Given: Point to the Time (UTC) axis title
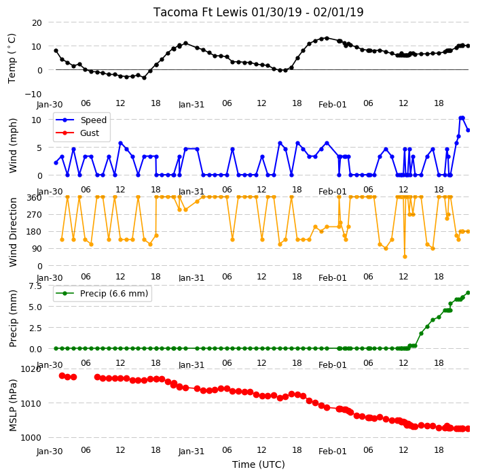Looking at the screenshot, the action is [259, 464].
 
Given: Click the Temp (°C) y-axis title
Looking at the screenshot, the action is [12, 58].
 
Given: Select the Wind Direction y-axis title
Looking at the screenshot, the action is [13, 232].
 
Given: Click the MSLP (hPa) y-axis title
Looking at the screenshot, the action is [13, 405].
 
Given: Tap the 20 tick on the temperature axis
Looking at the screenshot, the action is [37, 22].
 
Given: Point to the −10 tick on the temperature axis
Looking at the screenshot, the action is [33, 94].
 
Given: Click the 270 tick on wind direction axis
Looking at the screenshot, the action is [35, 215].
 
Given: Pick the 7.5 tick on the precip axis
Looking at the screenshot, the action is [35, 286].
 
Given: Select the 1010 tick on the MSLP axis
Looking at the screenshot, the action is [31, 404].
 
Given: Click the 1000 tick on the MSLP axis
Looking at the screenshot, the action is [31, 438].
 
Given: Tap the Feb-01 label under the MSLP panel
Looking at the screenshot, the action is [333, 452].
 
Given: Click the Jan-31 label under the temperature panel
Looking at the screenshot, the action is [191, 105].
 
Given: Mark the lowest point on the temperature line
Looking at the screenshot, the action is [144, 78].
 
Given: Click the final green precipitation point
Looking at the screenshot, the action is [468, 293].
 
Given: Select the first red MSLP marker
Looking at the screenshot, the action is [62, 376].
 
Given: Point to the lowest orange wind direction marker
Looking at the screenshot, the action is [405, 257].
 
